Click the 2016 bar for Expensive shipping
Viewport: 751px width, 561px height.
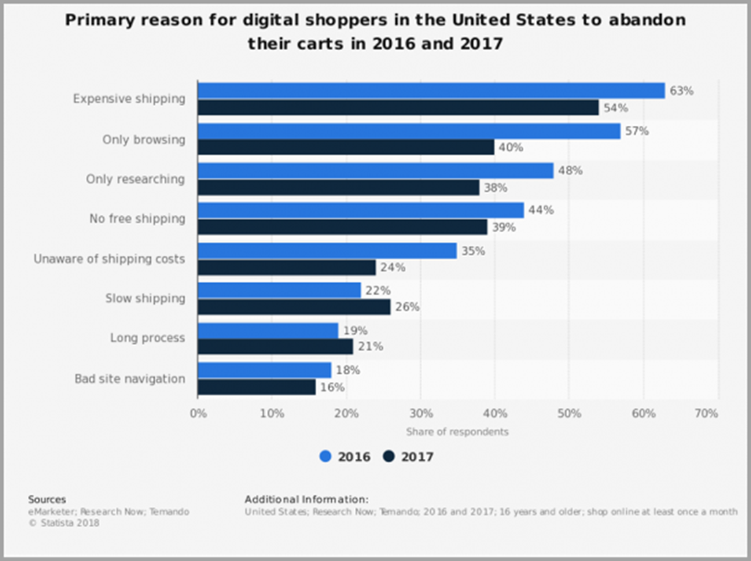coord(431,91)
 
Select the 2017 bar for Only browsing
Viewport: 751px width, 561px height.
coord(346,147)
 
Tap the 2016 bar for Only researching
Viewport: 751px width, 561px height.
coord(375,171)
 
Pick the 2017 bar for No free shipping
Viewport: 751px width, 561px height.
coord(342,227)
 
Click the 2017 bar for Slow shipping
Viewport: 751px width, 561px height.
coord(294,307)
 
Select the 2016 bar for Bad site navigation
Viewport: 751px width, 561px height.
coord(264,370)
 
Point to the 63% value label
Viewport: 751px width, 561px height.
coord(681,91)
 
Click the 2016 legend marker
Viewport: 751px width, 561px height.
coord(325,456)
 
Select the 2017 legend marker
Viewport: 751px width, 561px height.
coord(388,456)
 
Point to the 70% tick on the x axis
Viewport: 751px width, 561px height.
coord(706,413)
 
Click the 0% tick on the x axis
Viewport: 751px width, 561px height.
coord(197,413)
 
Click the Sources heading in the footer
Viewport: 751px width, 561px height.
coord(46,500)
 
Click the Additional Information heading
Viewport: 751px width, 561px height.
coord(306,500)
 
